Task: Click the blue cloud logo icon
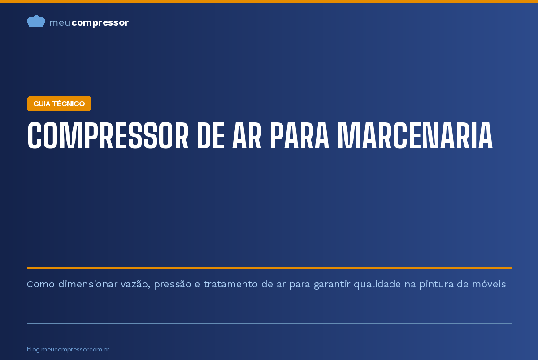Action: click(36, 22)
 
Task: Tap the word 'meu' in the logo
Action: click(60, 22)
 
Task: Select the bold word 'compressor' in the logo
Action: click(100, 23)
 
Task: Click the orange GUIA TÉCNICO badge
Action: click(59, 104)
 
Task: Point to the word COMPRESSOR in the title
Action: click(108, 136)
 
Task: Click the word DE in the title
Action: click(211, 136)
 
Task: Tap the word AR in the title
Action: click(247, 136)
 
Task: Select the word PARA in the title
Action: click(299, 136)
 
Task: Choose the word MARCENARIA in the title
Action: click(415, 136)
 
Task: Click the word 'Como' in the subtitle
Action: click(41, 284)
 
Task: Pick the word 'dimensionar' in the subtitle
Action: click(87, 284)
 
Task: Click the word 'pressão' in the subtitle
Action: click(173, 285)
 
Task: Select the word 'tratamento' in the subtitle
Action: click(230, 284)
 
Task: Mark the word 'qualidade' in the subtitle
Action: click(377, 285)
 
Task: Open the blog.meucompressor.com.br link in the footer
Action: click(68, 349)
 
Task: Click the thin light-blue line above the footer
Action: click(269, 324)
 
